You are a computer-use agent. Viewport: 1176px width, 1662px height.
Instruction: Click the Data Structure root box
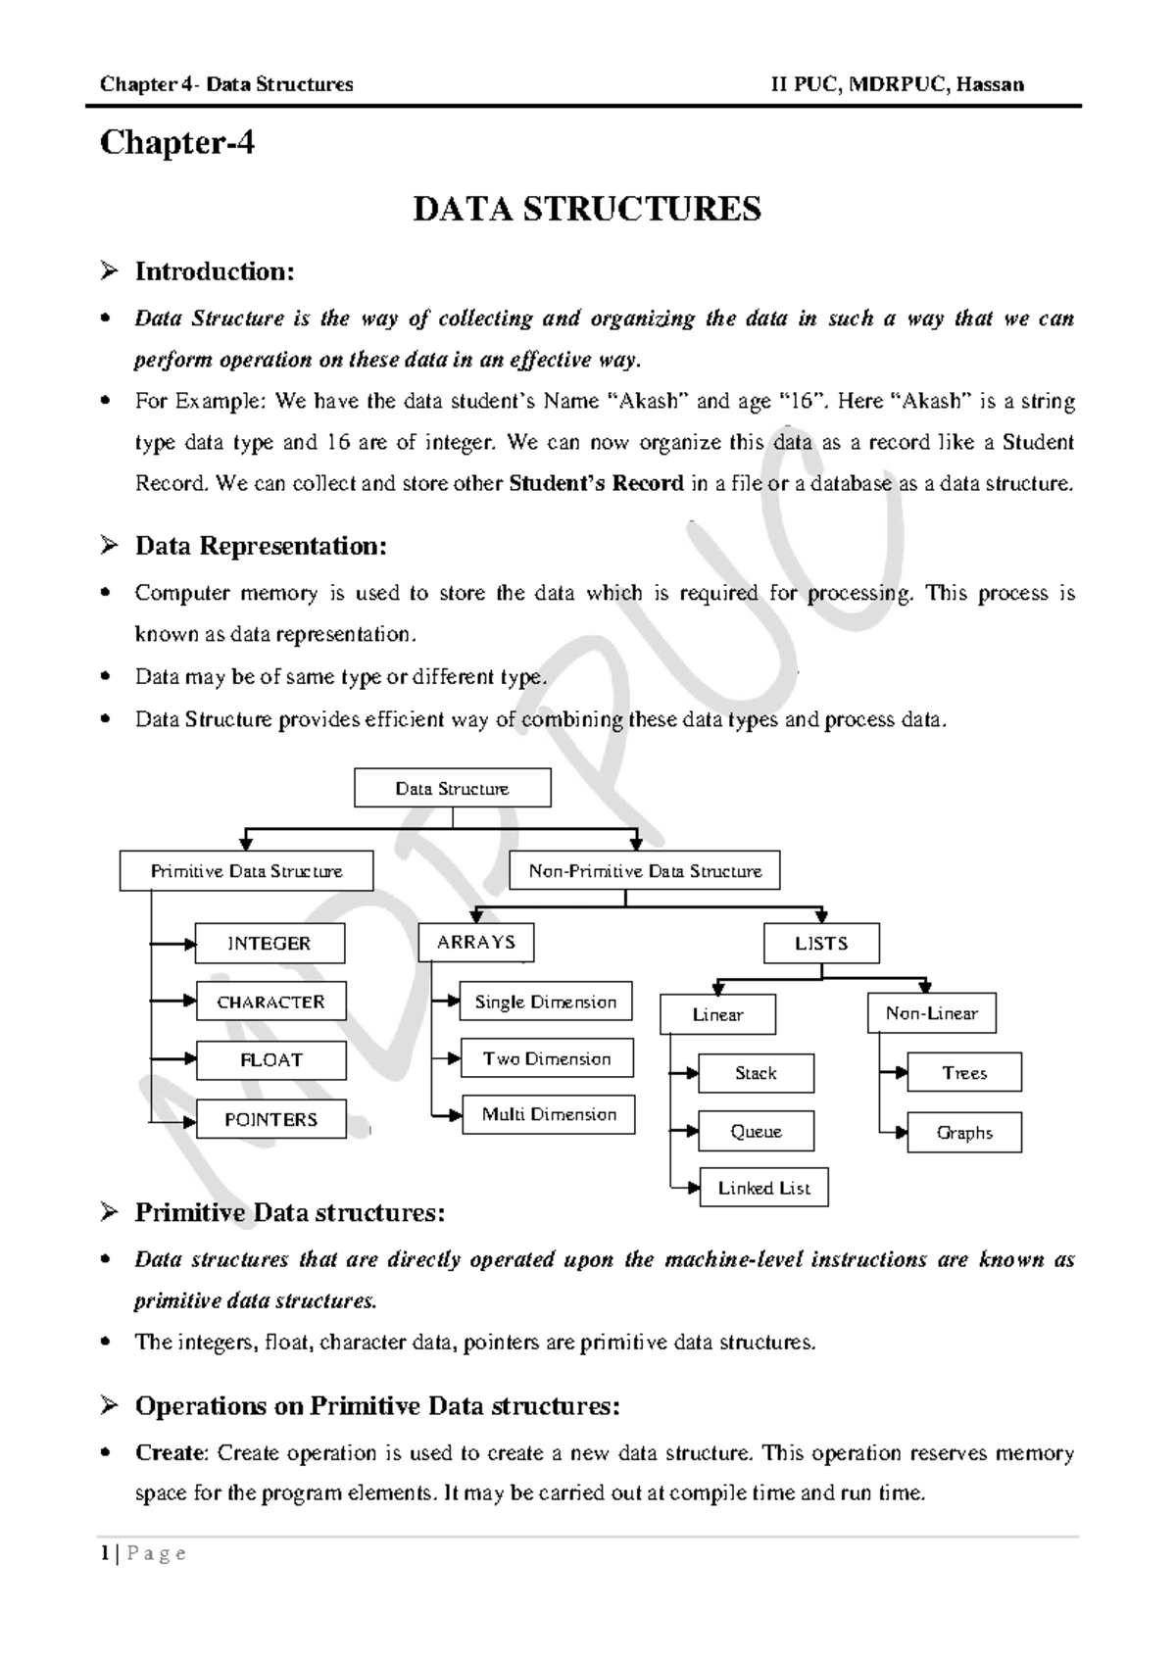(x=452, y=788)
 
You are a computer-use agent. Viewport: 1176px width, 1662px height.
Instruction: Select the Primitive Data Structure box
(x=246, y=871)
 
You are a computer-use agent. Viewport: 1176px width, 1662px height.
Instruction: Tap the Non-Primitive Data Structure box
(x=645, y=870)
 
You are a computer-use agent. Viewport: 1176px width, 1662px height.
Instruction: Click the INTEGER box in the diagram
(x=269, y=943)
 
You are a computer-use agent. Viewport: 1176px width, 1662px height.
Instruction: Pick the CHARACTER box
(x=270, y=1002)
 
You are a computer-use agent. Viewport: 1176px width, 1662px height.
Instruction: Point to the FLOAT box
(x=271, y=1060)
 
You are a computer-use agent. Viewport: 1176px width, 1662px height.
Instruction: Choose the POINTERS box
(x=271, y=1119)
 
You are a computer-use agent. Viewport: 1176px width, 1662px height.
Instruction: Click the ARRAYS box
(x=476, y=942)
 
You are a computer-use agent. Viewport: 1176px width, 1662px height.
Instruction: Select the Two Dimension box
(x=547, y=1058)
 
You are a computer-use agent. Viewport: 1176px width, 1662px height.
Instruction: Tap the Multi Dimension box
(x=549, y=1115)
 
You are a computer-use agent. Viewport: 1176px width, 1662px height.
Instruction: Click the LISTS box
(x=821, y=944)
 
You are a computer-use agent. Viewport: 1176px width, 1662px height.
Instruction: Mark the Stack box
(x=756, y=1073)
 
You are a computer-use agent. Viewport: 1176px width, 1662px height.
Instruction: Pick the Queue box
(x=756, y=1131)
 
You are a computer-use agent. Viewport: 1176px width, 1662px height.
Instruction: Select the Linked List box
(x=763, y=1188)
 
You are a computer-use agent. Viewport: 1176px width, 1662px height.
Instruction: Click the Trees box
(x=964, y=1073)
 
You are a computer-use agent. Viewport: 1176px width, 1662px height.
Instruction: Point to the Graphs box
(x=964, y=1133)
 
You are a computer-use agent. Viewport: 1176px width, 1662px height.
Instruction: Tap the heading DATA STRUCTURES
(x=587, y=209)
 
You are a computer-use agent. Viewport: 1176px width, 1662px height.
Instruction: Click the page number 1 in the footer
(x=104, y=1554)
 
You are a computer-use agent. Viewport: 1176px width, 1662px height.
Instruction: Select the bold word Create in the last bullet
(x=171, y=1452)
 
